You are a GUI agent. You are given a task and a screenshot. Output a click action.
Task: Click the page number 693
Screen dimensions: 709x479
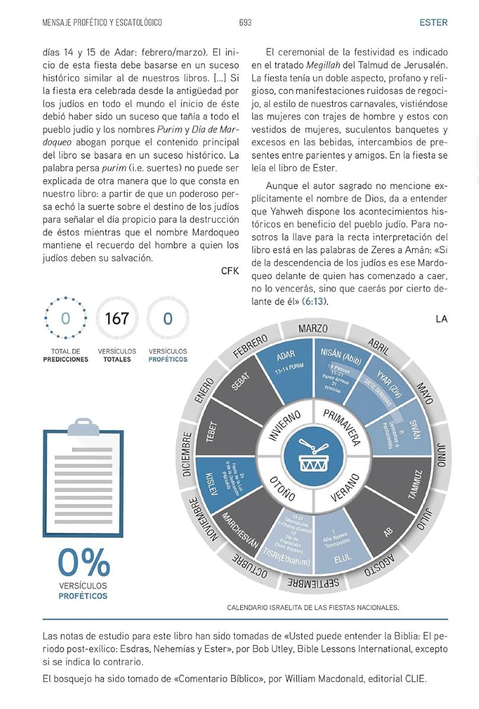245,22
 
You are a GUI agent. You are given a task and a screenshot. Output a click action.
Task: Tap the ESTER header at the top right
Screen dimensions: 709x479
433,22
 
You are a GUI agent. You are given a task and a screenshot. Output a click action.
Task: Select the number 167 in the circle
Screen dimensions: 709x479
116,319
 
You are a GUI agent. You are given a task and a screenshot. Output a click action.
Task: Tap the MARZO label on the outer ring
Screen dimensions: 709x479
313,329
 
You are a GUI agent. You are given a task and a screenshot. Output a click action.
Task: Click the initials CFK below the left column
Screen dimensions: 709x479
229,271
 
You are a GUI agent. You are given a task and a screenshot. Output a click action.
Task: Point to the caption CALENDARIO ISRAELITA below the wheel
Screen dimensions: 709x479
313,607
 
